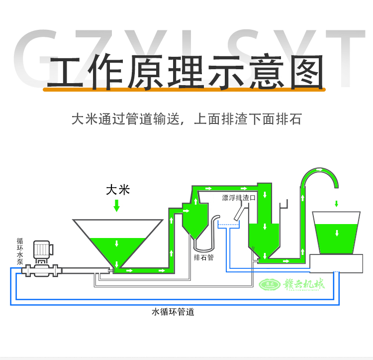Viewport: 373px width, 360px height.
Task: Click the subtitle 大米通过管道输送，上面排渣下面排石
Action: pyautogui.click(x=186, y=120)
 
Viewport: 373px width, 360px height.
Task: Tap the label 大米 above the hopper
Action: pyautogui.click(x=117, y=190)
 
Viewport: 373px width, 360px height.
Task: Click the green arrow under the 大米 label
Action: pyautogui.click(x=117, y=205)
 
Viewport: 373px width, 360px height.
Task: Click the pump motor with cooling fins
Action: pyautogui.click(x=41, y=249)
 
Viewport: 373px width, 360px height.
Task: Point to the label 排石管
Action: pyautogui.click(x=203, y=258)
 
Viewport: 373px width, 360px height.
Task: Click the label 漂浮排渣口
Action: pyautogui.click(x=238, y=198)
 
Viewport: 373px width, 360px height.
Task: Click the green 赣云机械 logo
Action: pyautogui.click(x=292, y=284)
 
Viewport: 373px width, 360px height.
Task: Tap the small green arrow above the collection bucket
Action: pyautogui.click(x=337, y=203)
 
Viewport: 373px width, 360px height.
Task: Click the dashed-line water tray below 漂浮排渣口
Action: pyautogui.click(x=229, y=226)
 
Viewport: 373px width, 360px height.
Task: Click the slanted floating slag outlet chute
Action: pyautogui.click(x=239, y=212)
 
